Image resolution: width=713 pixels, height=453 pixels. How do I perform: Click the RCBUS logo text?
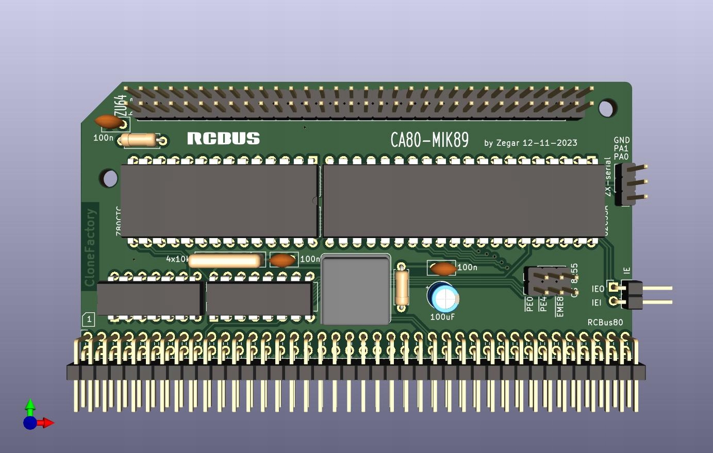[223, 138]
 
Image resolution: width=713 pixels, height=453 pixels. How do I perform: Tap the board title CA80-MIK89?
[429, 140]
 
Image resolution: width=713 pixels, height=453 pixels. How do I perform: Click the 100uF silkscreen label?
[442, 317]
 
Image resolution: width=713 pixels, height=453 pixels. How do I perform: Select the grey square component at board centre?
[355, 290]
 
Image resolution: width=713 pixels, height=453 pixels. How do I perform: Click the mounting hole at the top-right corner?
[607, 108]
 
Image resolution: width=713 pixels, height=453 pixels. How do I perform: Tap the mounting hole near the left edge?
[109, 178]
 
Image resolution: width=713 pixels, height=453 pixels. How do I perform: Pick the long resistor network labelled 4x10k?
[225, 261]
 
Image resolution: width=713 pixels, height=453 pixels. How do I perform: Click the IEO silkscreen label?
[598, 290]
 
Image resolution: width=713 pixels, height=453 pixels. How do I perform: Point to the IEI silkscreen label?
[596, 303]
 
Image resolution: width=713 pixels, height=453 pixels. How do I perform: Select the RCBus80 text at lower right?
[605, 323]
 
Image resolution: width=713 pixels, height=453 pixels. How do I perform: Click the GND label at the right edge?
[622, 140]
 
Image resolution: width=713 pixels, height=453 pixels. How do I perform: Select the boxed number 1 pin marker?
[89, 320]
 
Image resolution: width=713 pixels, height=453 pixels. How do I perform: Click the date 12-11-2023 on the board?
[550, 143]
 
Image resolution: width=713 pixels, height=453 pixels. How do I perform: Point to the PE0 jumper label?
[529, 304]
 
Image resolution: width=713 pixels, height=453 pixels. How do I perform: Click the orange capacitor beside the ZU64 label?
[108, 122]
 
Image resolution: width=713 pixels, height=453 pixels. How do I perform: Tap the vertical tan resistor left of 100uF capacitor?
[402, 288]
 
